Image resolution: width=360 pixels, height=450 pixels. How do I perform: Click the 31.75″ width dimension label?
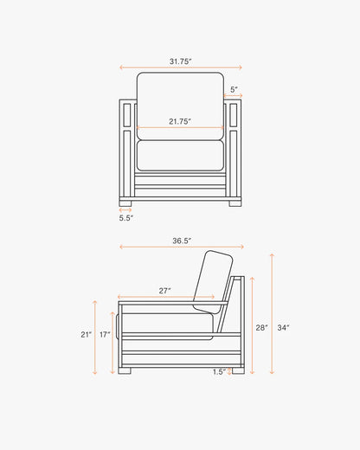[181, 61]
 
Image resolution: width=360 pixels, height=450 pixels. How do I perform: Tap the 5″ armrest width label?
[234, 89]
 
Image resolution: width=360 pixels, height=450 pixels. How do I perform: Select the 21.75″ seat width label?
[180, 121]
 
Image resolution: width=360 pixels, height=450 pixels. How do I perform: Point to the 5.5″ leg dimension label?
[126, 218]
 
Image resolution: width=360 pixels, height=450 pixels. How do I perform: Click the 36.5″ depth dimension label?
[182, 241]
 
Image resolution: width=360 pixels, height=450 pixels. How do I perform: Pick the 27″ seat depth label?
[164, 291]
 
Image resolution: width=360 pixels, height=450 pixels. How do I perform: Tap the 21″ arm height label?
[87, 335]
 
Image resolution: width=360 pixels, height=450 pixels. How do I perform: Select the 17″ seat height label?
[105, 335]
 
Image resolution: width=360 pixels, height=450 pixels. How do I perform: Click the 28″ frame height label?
[261, 328]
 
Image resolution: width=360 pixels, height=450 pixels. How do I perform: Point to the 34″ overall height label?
[284, 328]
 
